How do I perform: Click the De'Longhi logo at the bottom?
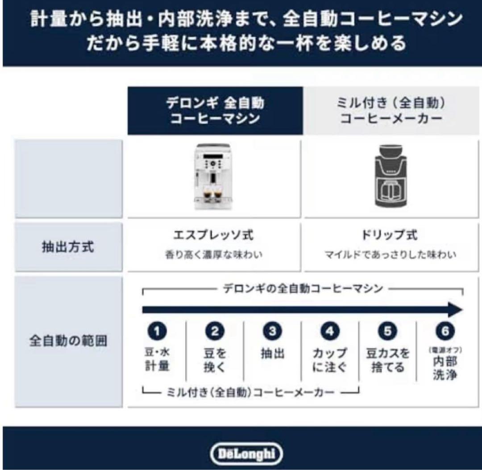(246, 453)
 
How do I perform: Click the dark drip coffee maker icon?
(390, 177)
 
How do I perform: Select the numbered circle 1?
(157, 331)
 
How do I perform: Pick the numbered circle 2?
(215, 331)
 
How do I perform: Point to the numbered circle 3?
(272, 331)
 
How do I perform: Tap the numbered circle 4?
(330, 331)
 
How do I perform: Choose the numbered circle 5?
(387, 331)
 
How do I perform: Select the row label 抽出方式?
(68, 247)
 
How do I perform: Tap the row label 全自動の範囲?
(68, 341)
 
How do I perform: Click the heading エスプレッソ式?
(213, 235)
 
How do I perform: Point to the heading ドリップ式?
(390, 235)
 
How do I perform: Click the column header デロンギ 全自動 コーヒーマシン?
(215, 111)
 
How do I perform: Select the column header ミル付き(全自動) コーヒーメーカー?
(391, 111)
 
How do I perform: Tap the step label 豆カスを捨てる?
(387, 360)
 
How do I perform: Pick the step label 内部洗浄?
(445, 368)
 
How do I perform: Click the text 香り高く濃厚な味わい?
(213, 255)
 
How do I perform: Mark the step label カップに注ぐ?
(330, 360)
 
